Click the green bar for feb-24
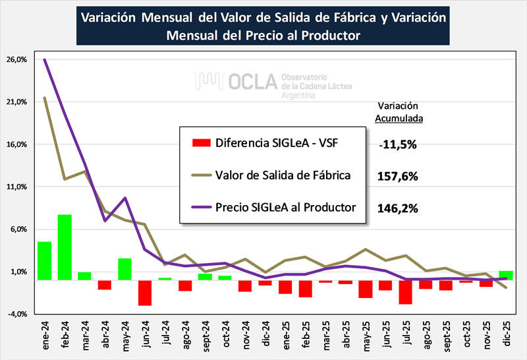pyautogui.click(x=65, y=247)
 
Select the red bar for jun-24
pyautogui.click(x=145, y=292)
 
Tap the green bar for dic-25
pyautogui.click(x=506, y=275)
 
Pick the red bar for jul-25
pyautogui.click(x=406, y=291)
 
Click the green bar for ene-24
pyautogui.click(x=45, y=260)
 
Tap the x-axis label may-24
pyautogui.click(x=126, y=336)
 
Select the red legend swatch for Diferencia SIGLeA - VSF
pyautogui.click(x=200, y=142)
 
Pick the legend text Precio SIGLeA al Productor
pyautogui.click(x=285, y=207)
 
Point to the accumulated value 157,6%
pyautogui.click(x=399, y=177)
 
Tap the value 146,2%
pyautogui.click(x=399, y=208)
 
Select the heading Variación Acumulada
pyautogui.click(x=399, y=112)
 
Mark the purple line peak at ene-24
pyautogui.click(x=45, y=59)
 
